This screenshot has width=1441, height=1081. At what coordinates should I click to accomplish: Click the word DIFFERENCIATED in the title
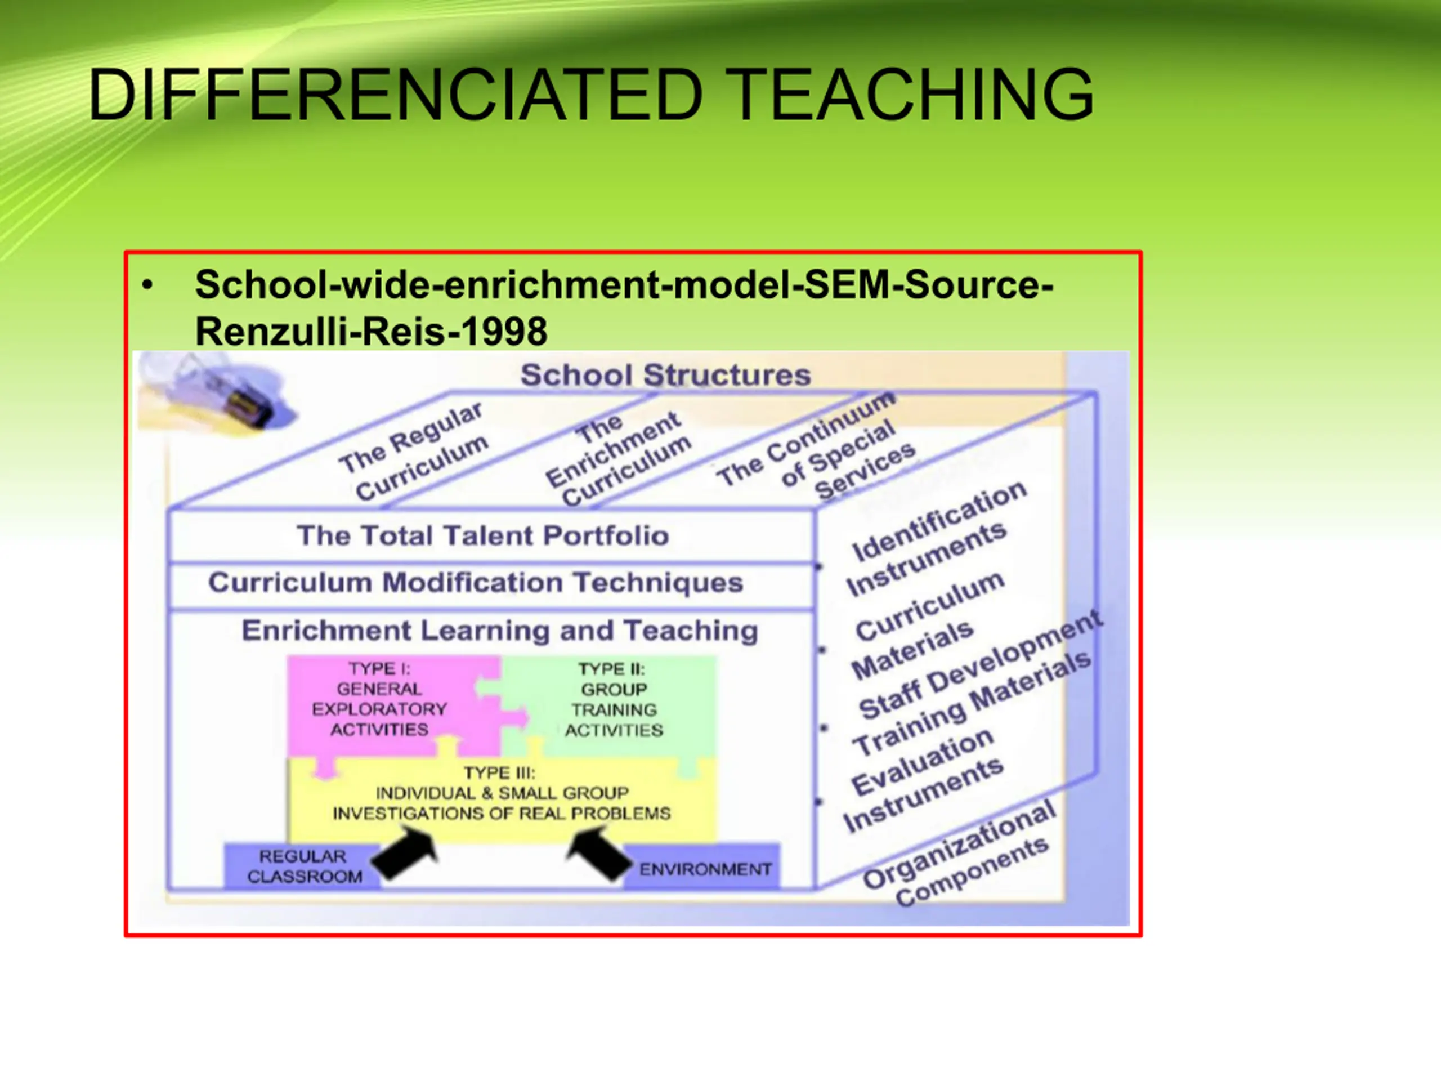pyautogui.click(x=395, y=95)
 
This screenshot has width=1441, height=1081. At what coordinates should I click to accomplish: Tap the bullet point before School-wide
pyautogui.click(x=147, y=285)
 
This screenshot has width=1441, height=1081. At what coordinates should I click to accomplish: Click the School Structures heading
pyautogui.click(x=665, y=376)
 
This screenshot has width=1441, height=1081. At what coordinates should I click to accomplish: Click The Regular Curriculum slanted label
pyautogui.click(x=414, y=451)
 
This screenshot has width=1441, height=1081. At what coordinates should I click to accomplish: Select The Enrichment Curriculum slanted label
pyautogui.click(x=617, y=459)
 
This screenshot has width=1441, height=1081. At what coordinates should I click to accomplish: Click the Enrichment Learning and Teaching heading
pyautogui.click(x=500, y=631)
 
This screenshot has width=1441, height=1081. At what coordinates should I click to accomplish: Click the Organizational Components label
pyautogui.click(x=958, y=854)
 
